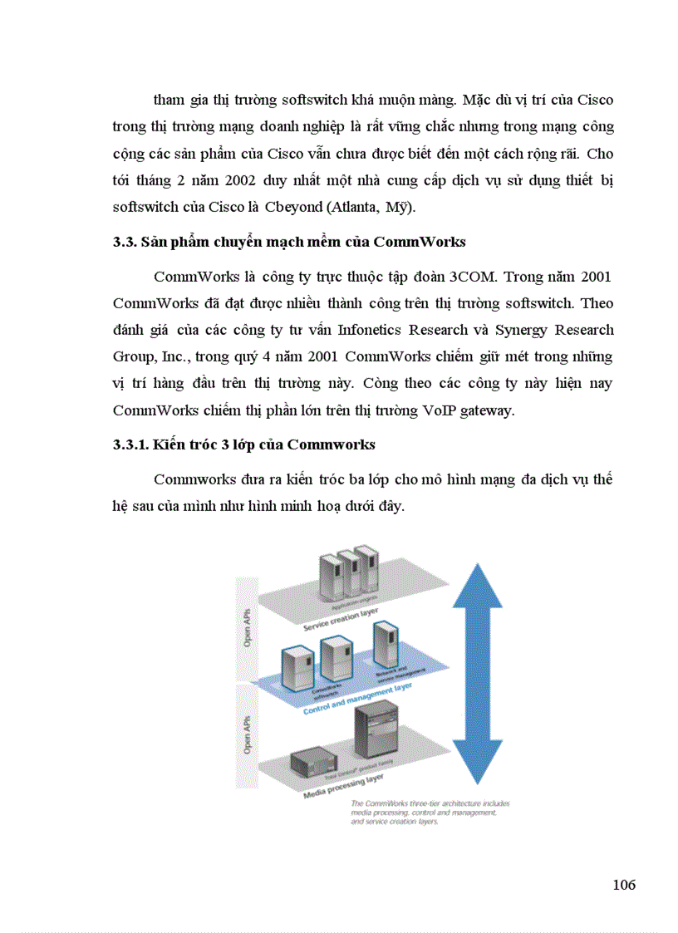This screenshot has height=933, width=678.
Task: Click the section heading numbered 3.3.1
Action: point(244,444)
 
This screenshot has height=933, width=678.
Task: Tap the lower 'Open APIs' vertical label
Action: point(248,734)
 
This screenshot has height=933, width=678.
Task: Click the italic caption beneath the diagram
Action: point(430,812)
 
